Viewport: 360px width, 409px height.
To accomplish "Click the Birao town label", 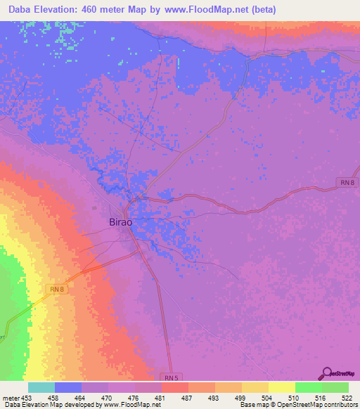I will point(121,221).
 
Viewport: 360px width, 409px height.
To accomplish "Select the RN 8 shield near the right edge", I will point(346,183).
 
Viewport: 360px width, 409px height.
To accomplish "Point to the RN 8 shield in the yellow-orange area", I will point(57,288).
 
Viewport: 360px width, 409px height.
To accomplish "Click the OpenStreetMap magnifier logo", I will point(326,372).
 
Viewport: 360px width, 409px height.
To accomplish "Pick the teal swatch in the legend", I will point(41,387).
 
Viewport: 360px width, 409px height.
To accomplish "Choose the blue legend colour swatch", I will point(68,387).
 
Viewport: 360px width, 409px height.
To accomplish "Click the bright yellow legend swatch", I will point(281,387).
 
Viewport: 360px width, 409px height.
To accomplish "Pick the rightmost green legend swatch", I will point(335,387).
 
